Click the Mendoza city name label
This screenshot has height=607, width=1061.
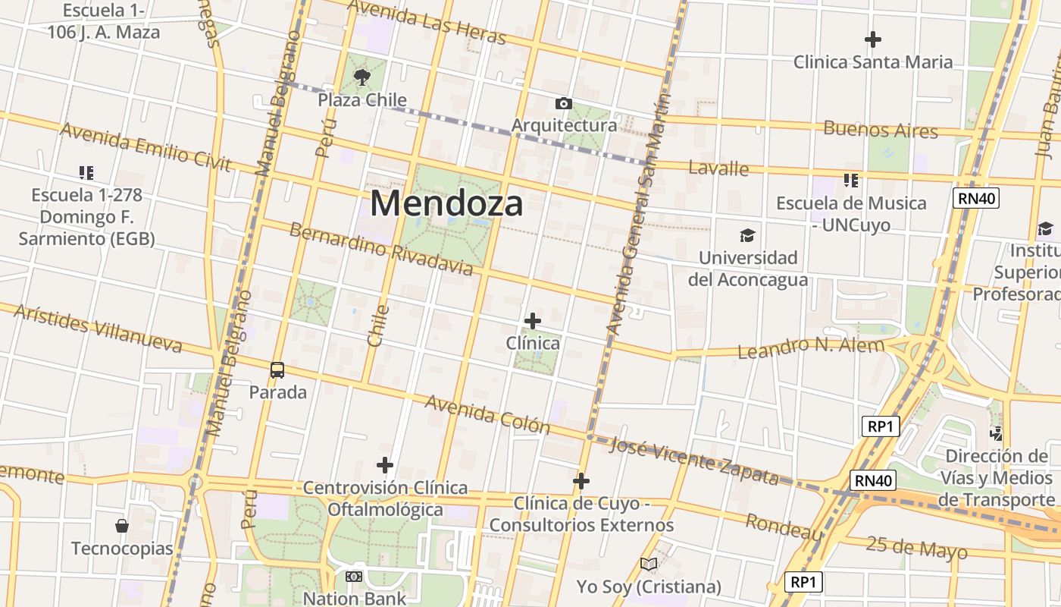click(x=446, y=203)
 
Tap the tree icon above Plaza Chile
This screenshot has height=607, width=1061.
click(x=362, y=76)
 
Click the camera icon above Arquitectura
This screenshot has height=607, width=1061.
click(x=563, y=103)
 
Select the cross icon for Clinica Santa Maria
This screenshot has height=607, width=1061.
click(x=873, y=39)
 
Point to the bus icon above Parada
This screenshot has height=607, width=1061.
click(x=277, y=370)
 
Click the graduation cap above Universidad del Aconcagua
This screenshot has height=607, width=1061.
click(x=747, y=235)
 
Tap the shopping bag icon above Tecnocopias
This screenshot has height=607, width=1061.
click(x=121, y=525)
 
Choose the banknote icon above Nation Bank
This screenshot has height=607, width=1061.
click(x=354, y=577)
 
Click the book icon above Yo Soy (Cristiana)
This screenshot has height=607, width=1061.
click(x=648, y=564)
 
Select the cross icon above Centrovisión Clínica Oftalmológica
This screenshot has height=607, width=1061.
click(x=385, y=464)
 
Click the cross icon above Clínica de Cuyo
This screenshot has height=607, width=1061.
click(x=581, y=481)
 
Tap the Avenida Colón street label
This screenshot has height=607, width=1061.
click(x=487, y=414)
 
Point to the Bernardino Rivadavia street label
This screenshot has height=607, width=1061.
click(x=381, y=250)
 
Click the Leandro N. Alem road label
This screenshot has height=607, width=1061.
click(x=811, y=348)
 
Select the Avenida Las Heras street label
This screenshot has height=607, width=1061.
click(x=427, y=22)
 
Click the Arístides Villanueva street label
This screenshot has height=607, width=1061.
click(x=98, y=329)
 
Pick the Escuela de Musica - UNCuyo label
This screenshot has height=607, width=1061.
click(x=851, y=214)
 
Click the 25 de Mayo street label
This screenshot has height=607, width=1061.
click(x=916, y=547)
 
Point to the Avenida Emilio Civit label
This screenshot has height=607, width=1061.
click(x=145, y=146)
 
